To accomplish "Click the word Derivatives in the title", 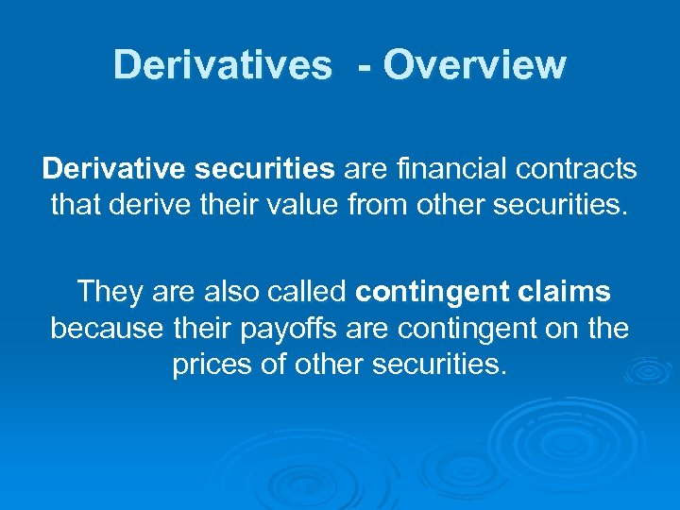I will (222, 66).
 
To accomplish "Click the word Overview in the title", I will (475, 66).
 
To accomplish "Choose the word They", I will (109, 292).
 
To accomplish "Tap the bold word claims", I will (564, 292).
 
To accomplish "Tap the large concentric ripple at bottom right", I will (557, 439).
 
